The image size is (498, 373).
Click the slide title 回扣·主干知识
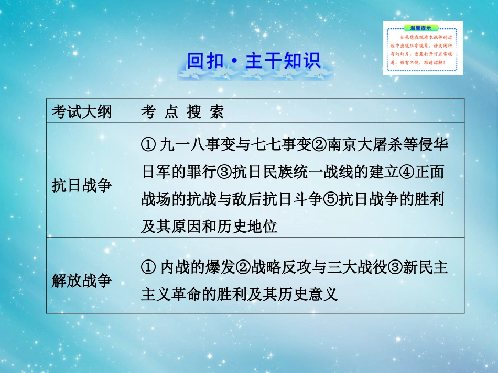pyautogui.click(x=253, y=62)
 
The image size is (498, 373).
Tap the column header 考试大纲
pyautogui.click(x=81, y=111)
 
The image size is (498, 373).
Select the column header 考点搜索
pyautogui.click(x=182, y=111)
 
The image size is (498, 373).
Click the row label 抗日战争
pyautogui.click(x=81, y=185)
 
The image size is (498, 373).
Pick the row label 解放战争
pyautogui.click(x=81, y=280)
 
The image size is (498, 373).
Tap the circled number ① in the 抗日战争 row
pyautogui.click(x=147, y=145)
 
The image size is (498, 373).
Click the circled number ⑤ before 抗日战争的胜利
pyautogui.click(x=330, y=200)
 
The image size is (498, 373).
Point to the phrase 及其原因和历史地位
pyautogui.click(x=209, y=228)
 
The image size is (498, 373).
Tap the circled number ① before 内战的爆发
pyautogui.click(x=147, y=267)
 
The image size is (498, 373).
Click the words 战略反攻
pyautogui.click(x=278, y=267)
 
